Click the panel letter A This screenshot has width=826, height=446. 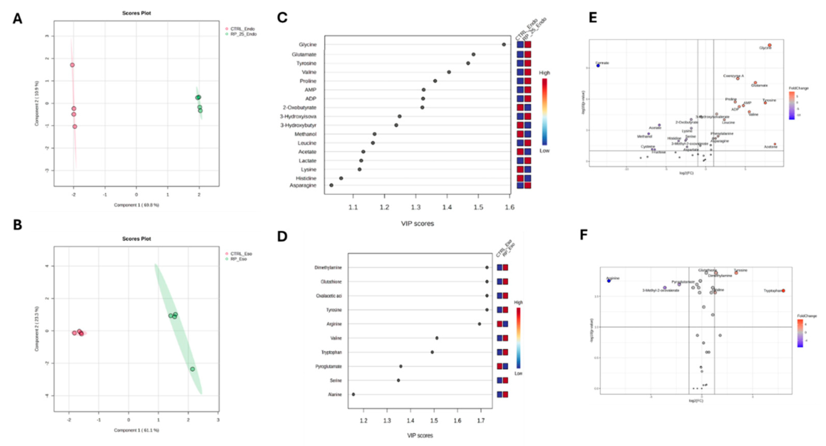pos(17,19)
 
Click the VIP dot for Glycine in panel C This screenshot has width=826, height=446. pos(504,45)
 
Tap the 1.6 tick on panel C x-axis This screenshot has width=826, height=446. pos(510,207)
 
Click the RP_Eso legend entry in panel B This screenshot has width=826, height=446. pos(238,259)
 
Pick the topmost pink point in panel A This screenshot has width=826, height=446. pos(72,65)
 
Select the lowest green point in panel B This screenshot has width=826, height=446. pos(192,369)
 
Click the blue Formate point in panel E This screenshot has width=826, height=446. pos(598,65)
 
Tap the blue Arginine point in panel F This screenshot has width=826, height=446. pos(609,281)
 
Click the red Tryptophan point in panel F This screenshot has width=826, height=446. pos(783,291)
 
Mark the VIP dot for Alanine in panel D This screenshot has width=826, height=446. pos(353,394)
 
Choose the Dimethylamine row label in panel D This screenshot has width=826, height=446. pos(328,268)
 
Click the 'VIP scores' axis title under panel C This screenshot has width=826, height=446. pos(417,223)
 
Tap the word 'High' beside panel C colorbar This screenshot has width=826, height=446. pos(544,73)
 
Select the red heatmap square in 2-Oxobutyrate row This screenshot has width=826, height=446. pos(520,108)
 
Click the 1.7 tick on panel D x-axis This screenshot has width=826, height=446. pos(481,421)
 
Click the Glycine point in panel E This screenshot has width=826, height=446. pos(770,45)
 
